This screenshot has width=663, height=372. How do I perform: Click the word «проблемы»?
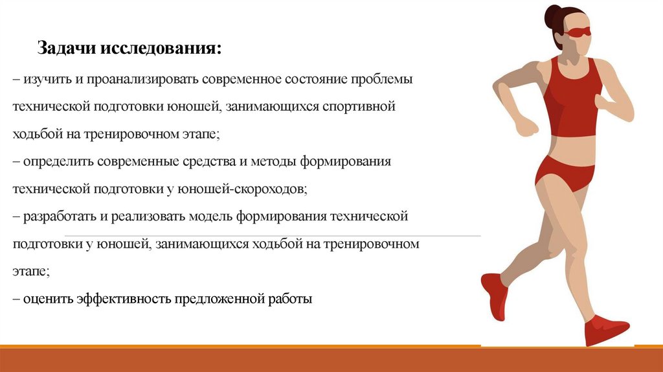pyautogui.click(x=381, y=78)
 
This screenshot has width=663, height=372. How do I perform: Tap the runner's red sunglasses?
pyautogui.click(x=579, y=31)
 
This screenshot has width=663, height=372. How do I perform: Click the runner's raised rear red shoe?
pyautogui.click(x=493, y=294)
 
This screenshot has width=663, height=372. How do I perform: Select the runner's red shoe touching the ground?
pyautogui.click(x=604, y=330)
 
